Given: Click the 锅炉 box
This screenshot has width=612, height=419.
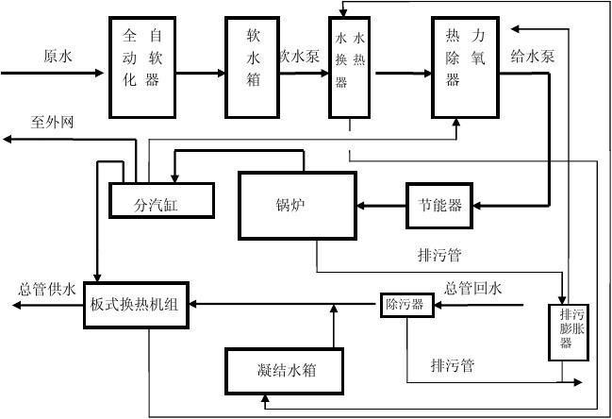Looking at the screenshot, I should tap(291, 204).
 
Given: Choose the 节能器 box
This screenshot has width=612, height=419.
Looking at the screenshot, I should tap(440, 205).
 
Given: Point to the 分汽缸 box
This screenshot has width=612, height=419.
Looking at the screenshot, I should tap(160, 200).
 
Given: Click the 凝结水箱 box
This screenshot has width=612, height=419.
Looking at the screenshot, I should tap(285, 371).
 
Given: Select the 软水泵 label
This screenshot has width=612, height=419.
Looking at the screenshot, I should tap(301, 56).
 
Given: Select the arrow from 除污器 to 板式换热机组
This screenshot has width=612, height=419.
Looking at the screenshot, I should tap(283, 304).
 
